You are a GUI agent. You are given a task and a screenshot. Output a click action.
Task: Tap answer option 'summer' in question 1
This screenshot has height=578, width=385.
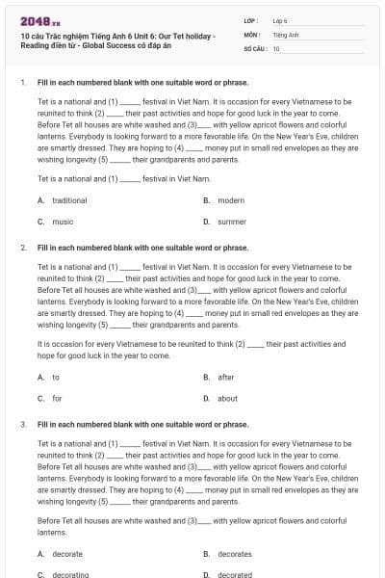pyautogui.click(x=232, y=222)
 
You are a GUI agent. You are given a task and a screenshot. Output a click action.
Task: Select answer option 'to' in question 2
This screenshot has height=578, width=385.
pyautogui.click(x=56, y=378)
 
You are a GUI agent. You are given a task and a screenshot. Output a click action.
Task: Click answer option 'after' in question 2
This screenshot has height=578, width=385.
pyautogui.click(x=226, y=378)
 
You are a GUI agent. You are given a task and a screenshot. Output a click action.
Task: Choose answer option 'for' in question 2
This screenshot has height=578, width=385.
pyautogui.click(x=57, y=398)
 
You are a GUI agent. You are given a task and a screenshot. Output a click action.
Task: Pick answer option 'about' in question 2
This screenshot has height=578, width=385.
pyautogui.click(x=227, y=398)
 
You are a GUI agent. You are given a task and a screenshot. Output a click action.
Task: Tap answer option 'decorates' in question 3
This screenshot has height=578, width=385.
pyautogui.click(x=235, y=554)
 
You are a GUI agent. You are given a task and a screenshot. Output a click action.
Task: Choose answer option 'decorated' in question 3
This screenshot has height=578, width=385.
pyautogui.click(x=235, y=575)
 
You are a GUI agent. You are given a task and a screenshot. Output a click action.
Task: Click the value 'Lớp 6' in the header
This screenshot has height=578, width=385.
pyautogui.click(x=280, y=19)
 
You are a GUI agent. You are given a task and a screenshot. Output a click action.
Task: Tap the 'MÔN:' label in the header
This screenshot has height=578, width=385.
pyautogui.click(x=251, y=34)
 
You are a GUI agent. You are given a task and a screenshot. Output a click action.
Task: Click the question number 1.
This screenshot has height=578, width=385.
pyautogui.click(x=21, y=83)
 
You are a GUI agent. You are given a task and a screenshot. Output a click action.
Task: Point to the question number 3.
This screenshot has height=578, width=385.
pyautogui.click(x=22, y=424)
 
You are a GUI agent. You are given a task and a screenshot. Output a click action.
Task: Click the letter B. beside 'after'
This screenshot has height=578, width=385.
pyautogui.click(x=207, y=378)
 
